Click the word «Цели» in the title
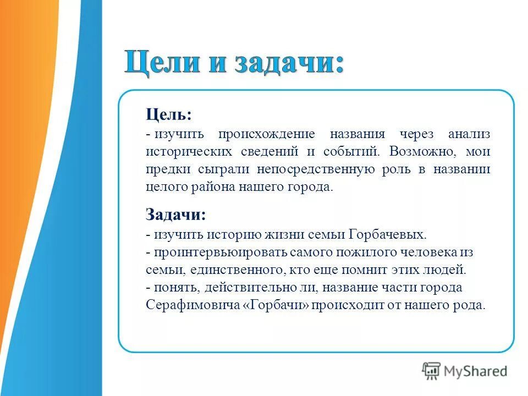click(159, 62)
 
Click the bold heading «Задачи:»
click(176, 215)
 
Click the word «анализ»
click(469, 134)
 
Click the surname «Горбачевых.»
click(387, 234)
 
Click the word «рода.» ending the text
click(471, 305)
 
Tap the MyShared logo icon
click(432, 371)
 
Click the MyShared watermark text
click(475, 371)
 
